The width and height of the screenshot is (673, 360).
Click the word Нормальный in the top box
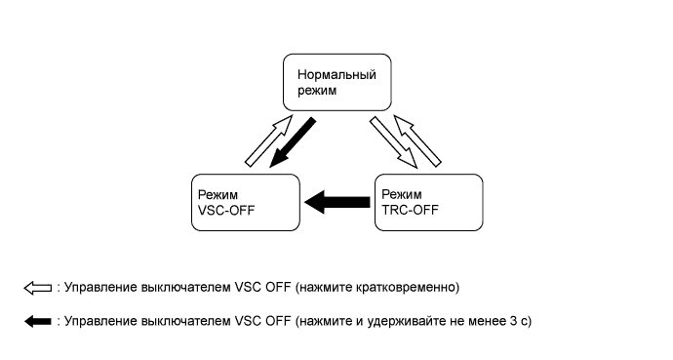tap(330, 74)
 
